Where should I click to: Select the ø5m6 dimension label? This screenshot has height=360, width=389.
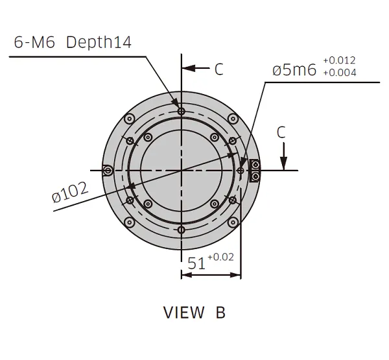[294, 69]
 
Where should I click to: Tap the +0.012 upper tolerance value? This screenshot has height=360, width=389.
[338, 60]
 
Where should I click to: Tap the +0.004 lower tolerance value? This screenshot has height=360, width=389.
[338, 72]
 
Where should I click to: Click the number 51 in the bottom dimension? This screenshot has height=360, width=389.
[196, 263]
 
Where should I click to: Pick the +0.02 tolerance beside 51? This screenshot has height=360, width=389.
[220, 258]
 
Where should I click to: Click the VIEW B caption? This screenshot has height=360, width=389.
[194, 313]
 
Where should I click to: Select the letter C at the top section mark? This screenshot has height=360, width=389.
[218, 69]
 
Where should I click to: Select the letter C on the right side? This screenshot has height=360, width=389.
[281, 132]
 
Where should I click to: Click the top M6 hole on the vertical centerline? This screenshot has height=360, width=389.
[182, 112]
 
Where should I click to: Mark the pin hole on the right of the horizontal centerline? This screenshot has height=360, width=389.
[241, 170]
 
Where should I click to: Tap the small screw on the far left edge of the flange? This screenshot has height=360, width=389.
[108, 170]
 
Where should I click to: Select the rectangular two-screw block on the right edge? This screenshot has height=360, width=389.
[255, 170]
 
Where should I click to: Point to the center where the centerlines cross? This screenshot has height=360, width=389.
[182, 170]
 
